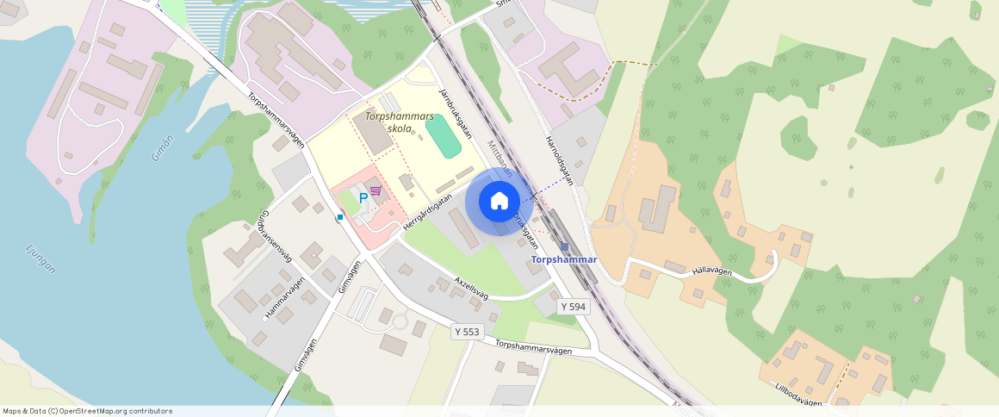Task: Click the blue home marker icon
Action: (x=499, y=202)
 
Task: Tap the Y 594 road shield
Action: (x=573, y=306)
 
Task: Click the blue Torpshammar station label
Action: (x=564, y=259)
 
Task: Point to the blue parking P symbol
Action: (x=363, y=198)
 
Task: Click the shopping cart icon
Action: (x=375, y=190)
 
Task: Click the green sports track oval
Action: (x=443, y=136)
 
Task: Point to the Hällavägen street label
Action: (x=711, y=271)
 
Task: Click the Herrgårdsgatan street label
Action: (x=427, y=211)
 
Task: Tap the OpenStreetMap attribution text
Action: (x=86, y=411)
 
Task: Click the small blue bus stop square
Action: (x=340, y=217)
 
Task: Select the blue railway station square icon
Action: (x=564, y=246)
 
